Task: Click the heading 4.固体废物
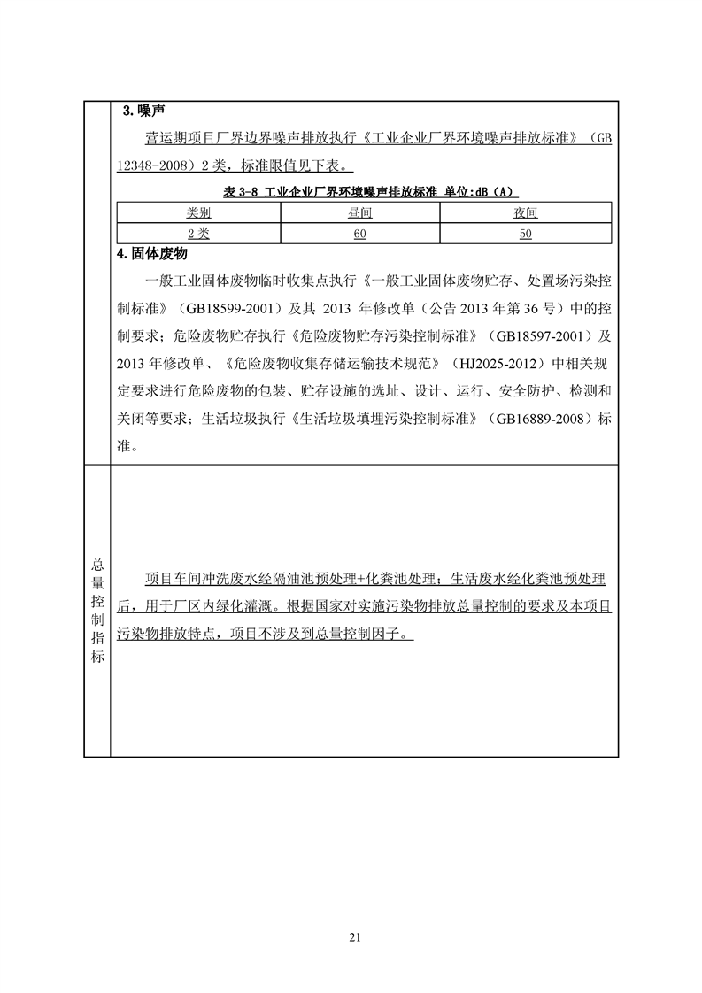152,254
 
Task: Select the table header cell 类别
198,213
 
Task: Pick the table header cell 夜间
525,213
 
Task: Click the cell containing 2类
198,234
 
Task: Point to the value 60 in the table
359,234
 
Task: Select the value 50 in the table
525,234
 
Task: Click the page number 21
356,936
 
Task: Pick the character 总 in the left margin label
97,563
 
